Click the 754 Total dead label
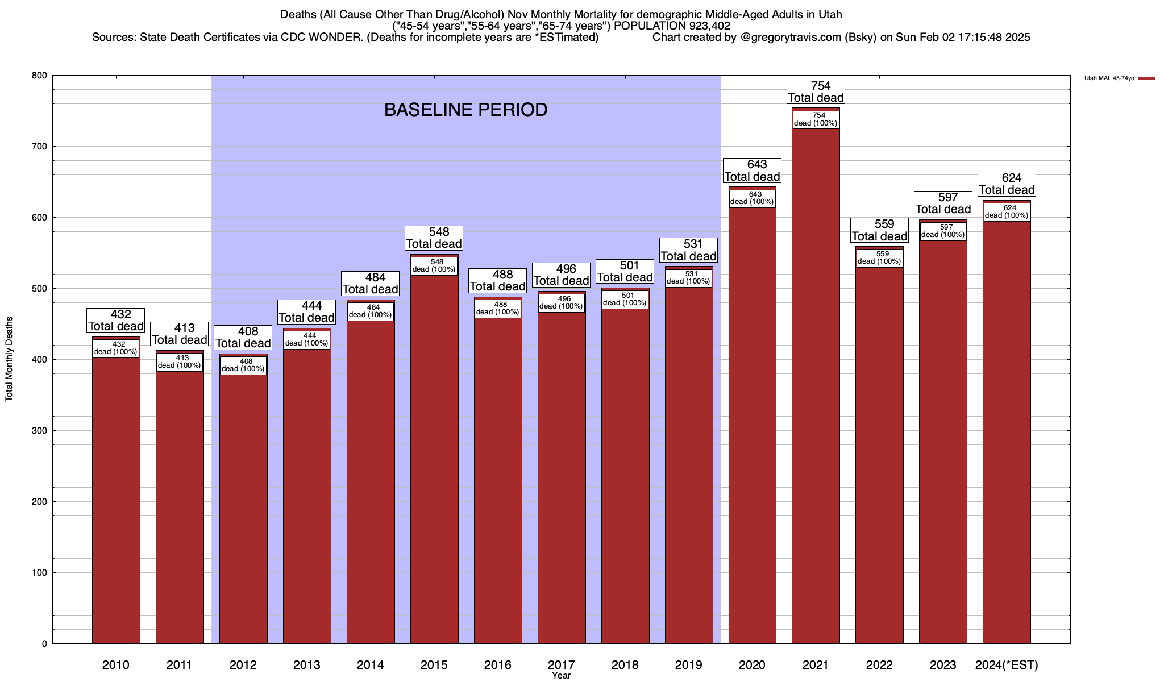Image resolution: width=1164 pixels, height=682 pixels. [816, 92]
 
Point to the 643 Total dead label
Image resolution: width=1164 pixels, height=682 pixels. [752, 170]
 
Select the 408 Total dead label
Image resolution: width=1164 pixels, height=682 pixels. [243, 338]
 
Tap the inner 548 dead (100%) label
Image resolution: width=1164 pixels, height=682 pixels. [434, 266]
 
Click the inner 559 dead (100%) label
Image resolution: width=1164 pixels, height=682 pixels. [879, 258]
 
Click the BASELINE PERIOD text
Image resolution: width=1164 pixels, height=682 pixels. [465, 110]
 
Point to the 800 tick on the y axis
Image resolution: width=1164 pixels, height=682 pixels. [40, 76]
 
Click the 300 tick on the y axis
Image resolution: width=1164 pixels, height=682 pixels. [40, 431]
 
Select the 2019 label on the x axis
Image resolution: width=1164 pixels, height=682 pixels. [688, 665]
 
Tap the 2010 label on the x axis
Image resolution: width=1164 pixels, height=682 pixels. [116, 665]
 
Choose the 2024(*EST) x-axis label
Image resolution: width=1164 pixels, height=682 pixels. [1007, 665]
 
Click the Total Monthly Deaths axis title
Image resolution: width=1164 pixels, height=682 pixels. [9, 359]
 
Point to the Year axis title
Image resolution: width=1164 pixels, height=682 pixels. [561, 676]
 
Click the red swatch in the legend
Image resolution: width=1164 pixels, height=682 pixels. [1146, 78]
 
